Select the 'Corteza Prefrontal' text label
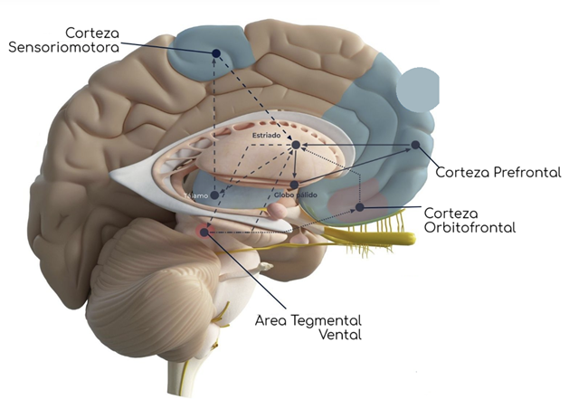click(498, 172)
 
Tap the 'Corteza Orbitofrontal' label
click(469, 219)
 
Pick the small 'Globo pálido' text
click(293, 194)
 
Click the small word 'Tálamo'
click(196, 194)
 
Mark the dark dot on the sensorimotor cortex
click(216, 53)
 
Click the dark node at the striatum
click(296, 146)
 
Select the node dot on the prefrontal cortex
click(415, 145)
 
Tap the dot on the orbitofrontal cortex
click(359, 207)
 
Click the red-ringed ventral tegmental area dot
click(204, 232)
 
